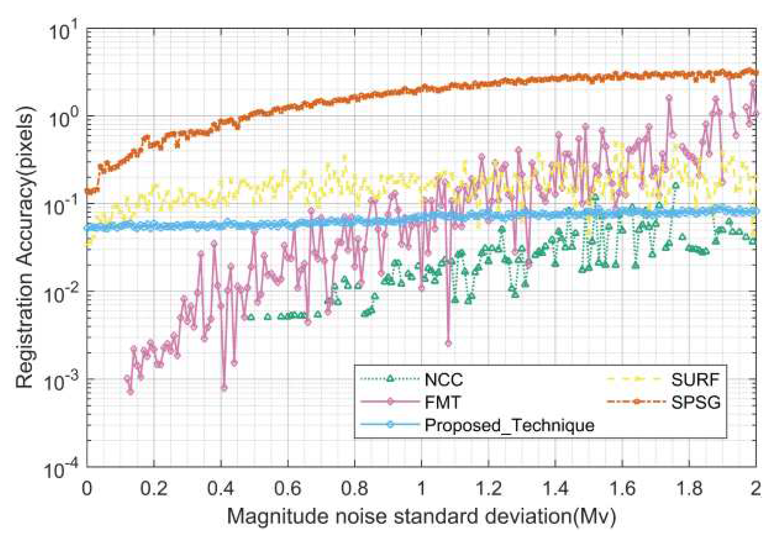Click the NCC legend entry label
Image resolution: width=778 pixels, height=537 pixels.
[443, 380]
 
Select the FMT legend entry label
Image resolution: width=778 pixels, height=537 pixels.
[442, 402]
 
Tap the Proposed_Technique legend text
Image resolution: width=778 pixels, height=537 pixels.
[509, 425]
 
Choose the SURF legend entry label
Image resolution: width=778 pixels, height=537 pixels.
[695, 380]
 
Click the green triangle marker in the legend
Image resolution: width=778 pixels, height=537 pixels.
[390, 379]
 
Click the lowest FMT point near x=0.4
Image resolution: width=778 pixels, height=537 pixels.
[224, 388]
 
